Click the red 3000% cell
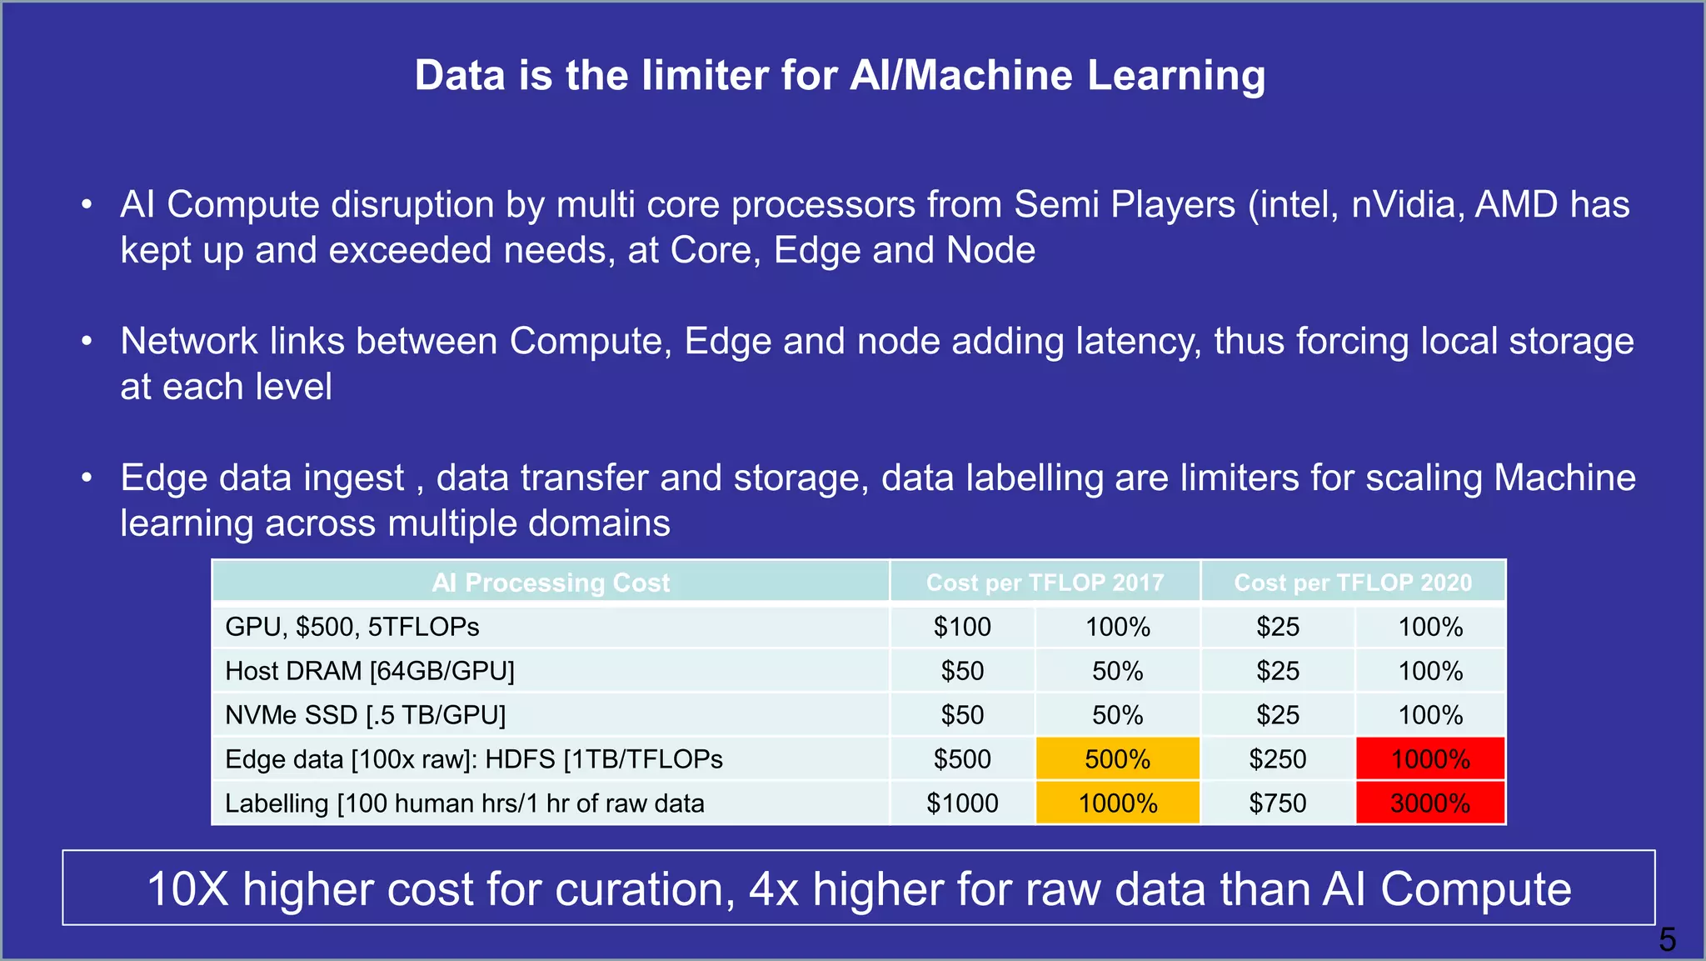point(1430,803)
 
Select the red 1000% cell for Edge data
point(1430,759)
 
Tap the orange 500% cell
point(1117,759)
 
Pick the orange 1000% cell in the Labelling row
point(1117,803)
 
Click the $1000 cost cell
point(962,803)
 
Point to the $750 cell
point(1277,803)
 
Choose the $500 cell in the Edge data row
point(962,759)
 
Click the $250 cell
point(1277,759)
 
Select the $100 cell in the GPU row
point(962,627)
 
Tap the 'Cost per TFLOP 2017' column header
point(1045,583)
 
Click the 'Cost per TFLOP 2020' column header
point(1353,583)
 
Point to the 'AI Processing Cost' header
point(551,583)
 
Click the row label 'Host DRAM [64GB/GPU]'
point(370,671)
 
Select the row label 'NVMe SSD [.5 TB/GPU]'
point(366,715)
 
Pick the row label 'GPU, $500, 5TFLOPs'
point(352,627)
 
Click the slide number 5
point(1667,940)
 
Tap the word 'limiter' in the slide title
point(705,76)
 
